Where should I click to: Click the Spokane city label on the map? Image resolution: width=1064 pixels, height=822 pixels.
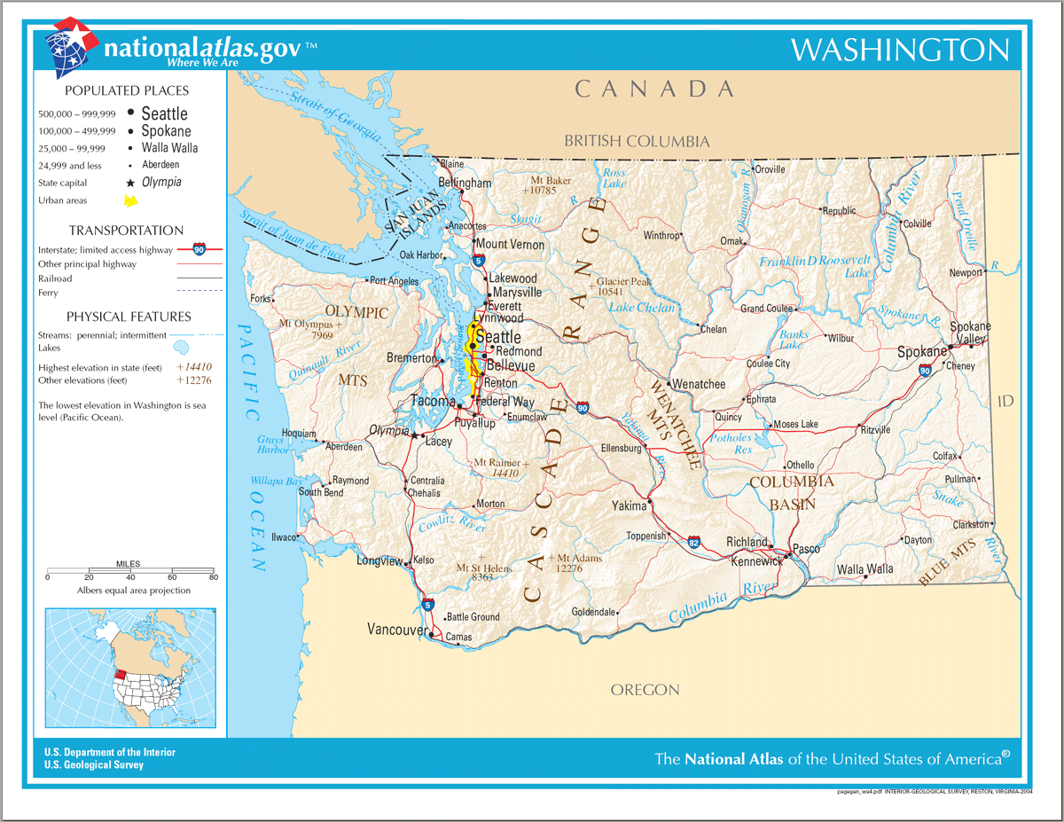[921, 352]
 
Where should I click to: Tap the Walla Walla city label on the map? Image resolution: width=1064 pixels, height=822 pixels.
[864, 568]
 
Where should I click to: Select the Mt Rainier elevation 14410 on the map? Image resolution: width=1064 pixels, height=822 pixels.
[505, 474]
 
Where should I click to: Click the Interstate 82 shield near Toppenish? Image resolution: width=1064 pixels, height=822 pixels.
[694, 540]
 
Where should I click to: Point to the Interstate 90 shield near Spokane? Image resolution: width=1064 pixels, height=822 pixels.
[925, 372]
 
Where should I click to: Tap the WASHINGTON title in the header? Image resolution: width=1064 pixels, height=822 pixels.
[899, 50]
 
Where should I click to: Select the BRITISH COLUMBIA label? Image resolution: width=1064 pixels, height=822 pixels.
[637, 141]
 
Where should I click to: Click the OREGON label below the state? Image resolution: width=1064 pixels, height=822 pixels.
[645, 690]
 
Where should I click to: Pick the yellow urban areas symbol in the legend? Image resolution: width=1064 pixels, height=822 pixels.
[130, 200]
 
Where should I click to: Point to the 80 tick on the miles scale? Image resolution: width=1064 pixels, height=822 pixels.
[213, 577]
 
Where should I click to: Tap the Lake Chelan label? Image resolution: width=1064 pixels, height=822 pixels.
[641, 308]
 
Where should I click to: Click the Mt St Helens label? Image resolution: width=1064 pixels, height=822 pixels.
[484, 568]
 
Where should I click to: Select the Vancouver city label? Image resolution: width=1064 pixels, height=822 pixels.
[396, 629]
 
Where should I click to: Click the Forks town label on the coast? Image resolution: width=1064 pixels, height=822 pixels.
[261, 299]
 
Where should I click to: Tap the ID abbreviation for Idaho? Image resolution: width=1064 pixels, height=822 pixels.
[1005, 402]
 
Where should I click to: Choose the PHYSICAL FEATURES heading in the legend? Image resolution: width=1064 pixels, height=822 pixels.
[128, 317]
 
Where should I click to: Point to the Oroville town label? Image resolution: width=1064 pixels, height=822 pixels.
[770, 169]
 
